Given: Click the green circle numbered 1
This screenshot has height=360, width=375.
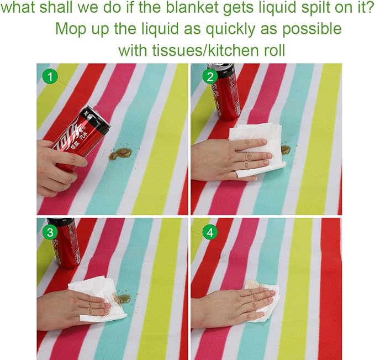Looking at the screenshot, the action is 50,77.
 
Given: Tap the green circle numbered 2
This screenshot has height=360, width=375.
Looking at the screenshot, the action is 210,77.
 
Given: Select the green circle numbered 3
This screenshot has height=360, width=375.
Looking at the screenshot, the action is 50,232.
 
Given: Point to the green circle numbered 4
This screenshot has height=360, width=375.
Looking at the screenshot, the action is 210,232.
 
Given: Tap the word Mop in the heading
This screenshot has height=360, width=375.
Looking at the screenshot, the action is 71,29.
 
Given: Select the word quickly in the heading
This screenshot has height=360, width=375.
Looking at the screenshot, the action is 230,29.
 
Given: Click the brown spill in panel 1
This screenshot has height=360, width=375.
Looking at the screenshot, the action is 120,154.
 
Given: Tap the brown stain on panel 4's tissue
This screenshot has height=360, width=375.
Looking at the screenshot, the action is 252,284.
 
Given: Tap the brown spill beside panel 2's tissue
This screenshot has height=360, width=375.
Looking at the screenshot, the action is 286,150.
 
